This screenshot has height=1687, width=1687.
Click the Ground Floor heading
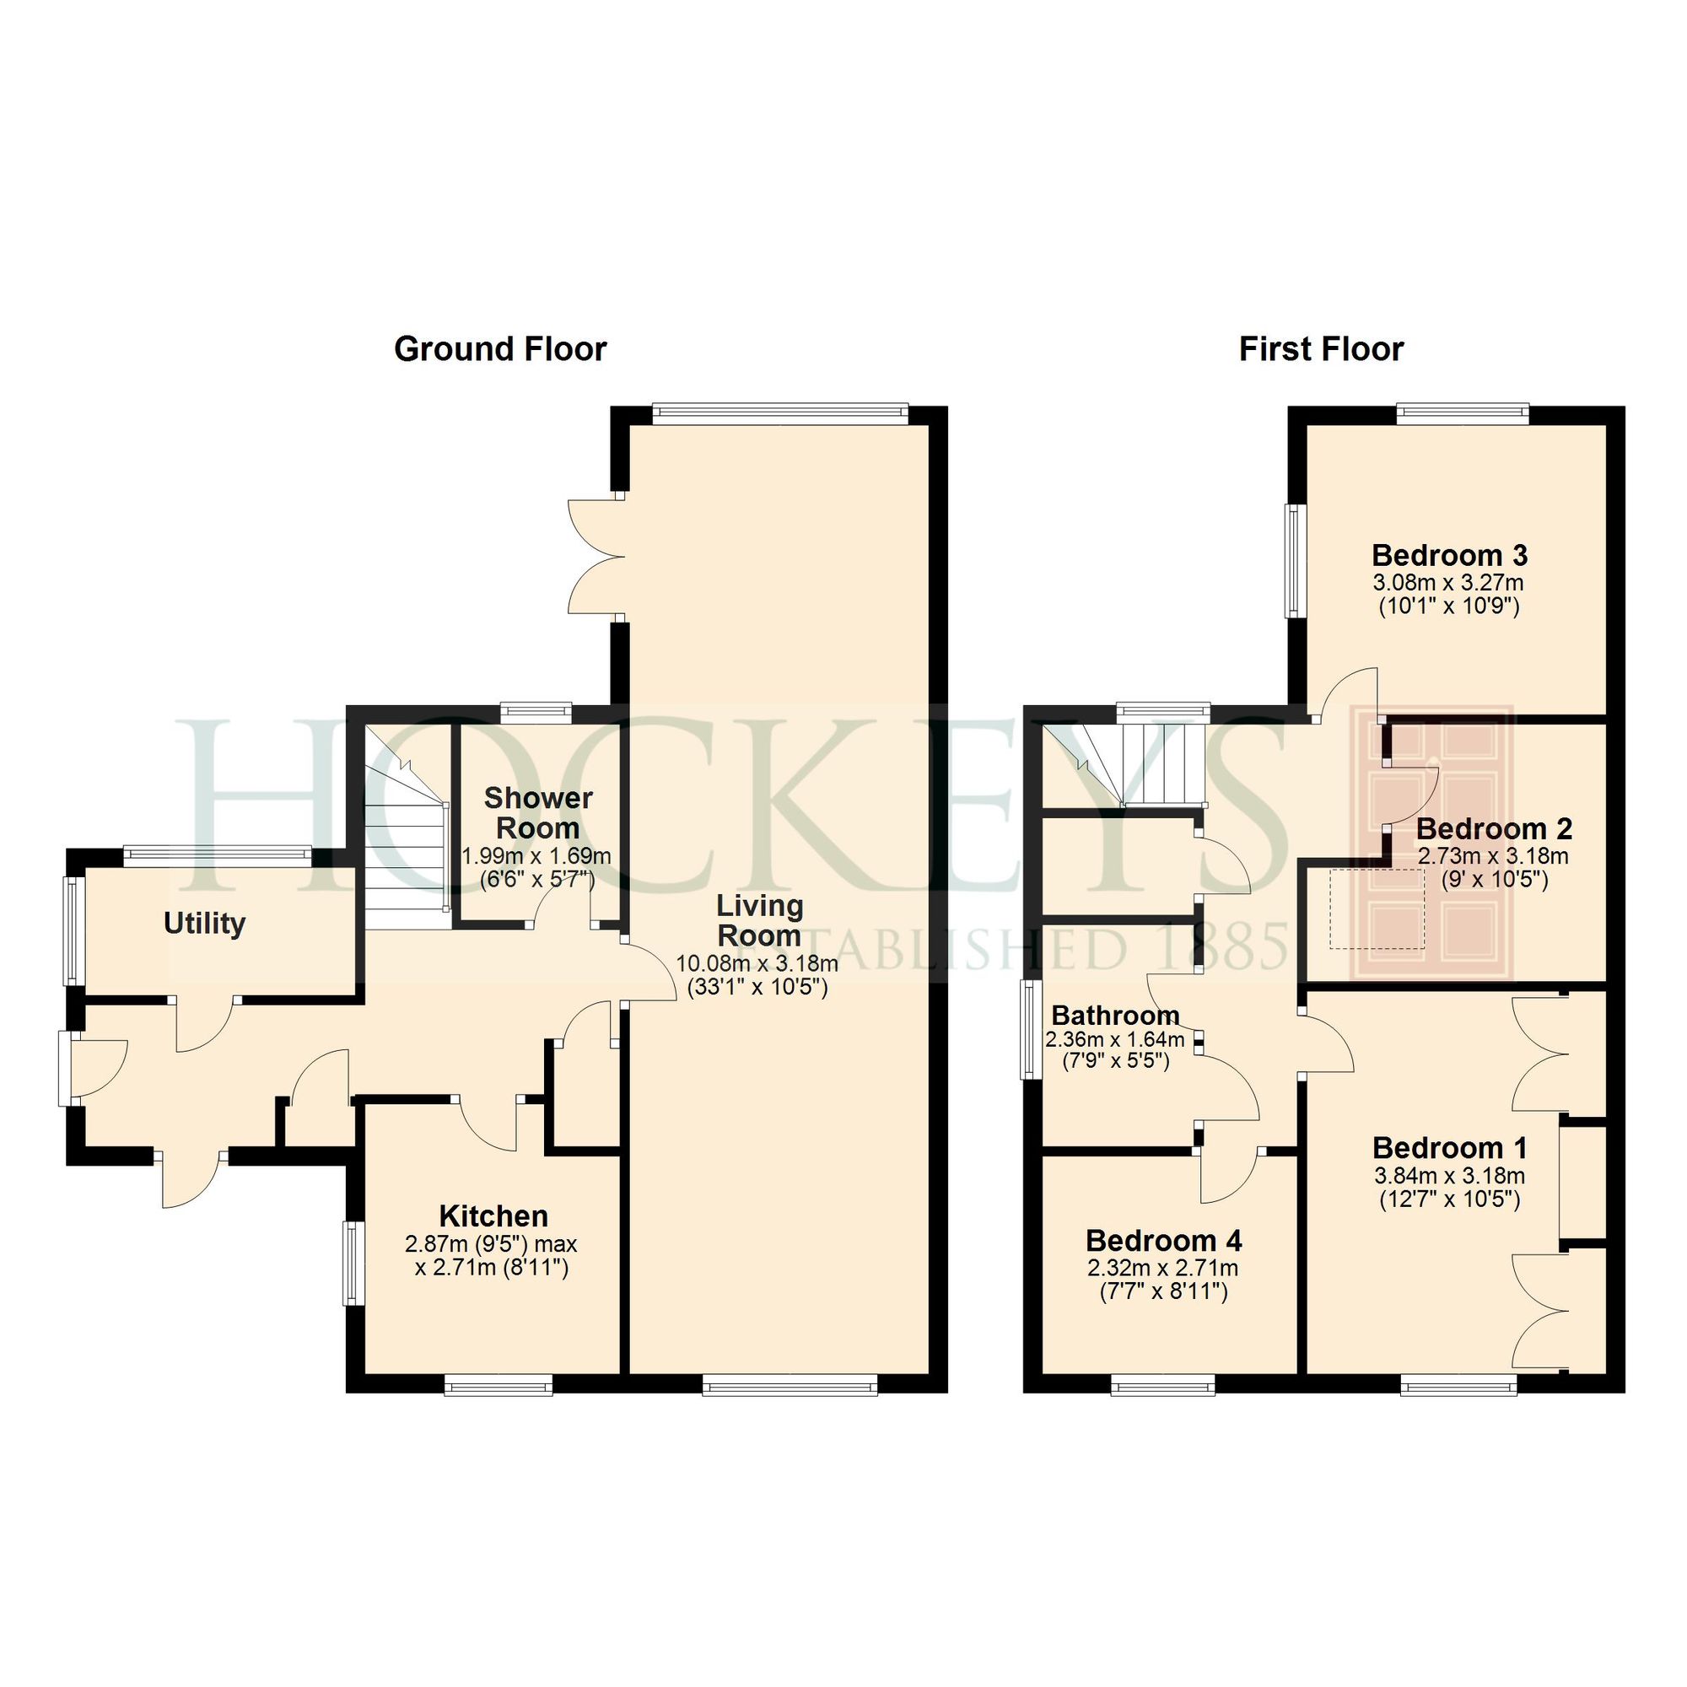(499, 349)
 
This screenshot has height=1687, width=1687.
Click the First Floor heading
(1320, 349)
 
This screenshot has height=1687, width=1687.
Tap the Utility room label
(204, 923)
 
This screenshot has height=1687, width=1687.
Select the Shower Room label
(537, 813)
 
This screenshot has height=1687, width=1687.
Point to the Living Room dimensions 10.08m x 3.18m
(757, 964)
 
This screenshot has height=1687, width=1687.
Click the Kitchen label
(493, 1215)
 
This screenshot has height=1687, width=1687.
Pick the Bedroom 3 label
(1448, 555)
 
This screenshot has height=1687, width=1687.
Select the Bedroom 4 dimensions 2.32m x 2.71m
(1162, 1268)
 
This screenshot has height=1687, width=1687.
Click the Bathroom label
(1115, 1016)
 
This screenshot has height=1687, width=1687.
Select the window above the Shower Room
(536, 712)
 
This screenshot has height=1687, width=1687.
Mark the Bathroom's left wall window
(1032, 1028)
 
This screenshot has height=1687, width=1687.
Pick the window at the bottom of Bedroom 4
(1162, 1384)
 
